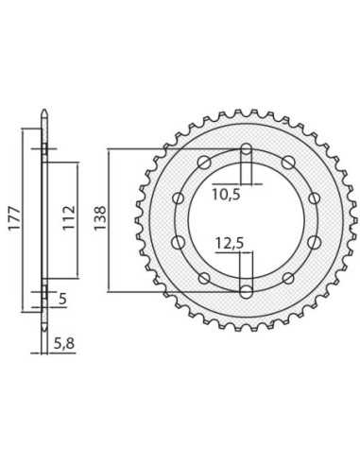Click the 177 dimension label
14,219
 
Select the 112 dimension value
69,218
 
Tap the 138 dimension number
100,218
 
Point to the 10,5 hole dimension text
226,195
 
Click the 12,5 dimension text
230,244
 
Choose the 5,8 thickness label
64,343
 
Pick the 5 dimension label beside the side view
63,299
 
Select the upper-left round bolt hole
204,163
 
